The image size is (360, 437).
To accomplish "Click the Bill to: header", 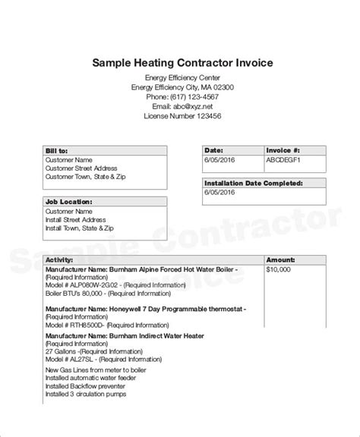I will click(x=58, y=151).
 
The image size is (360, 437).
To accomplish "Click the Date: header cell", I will click(x=214, y=151).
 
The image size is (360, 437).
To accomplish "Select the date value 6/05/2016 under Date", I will click(x=220, y=161).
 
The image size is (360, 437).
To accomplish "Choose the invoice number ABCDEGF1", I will click(x=283, y=161).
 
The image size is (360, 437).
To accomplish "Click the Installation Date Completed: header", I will click(x=254, y=184).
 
